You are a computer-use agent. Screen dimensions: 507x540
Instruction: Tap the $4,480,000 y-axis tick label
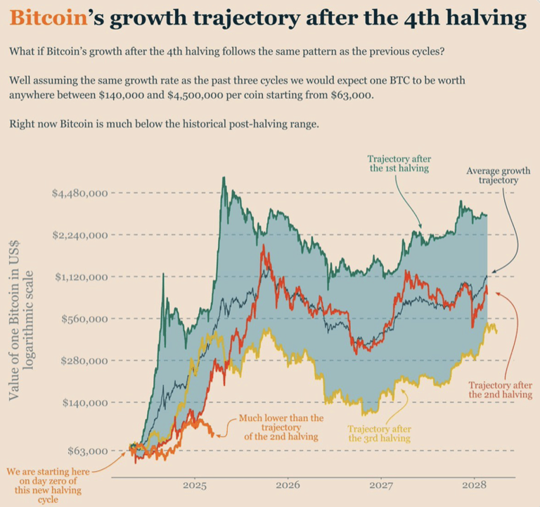(x=79, y=193)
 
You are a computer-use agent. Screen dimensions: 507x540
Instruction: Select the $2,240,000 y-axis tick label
(x=79, y=235)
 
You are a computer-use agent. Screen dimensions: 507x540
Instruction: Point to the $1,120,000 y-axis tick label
(x=79, y=277)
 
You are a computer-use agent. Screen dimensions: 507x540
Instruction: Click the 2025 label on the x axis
(x=194, y=486)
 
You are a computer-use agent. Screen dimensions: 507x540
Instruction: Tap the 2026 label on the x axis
(x=288, y=486)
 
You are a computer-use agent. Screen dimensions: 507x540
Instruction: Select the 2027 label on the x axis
(x=381, y=486)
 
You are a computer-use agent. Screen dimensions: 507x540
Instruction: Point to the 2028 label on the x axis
(x=475, y=486)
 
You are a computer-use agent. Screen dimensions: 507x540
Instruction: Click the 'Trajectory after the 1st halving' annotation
(x=399, y=163)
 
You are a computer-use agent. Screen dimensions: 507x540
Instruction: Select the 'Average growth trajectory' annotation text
(x=498, y=175)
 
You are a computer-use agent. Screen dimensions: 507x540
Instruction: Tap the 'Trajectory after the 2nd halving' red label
(x=500, y=390)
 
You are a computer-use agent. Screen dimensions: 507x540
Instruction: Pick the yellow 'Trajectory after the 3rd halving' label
(x=380, y=433)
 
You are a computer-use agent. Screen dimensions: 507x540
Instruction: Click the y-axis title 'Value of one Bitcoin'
(x=24, y=318)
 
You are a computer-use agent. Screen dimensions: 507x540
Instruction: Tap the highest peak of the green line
(x=224, y=177)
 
